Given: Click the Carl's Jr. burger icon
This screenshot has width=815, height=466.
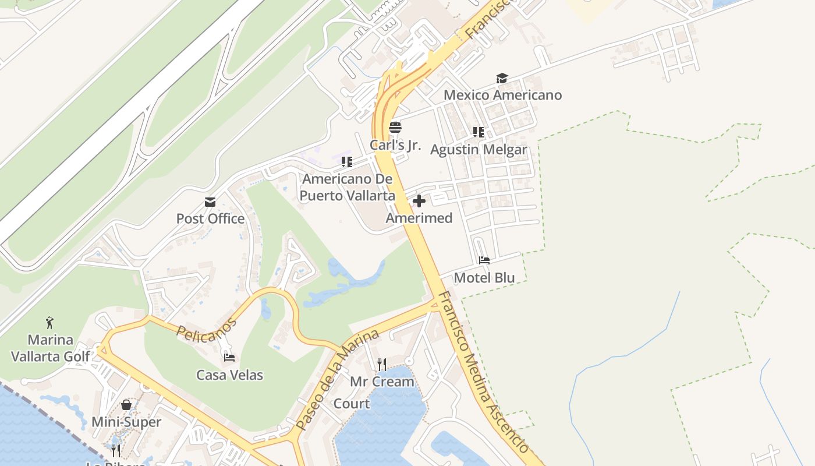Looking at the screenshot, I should (x=395, y=127).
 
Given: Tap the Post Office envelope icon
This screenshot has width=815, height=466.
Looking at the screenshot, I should (x=210, y=202).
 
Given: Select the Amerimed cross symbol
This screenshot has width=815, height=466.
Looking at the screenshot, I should (x=419, y=202).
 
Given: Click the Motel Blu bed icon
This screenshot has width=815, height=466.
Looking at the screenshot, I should (x=484, y=260).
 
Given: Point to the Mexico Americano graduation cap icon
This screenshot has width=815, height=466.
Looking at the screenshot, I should (x=502, y=78).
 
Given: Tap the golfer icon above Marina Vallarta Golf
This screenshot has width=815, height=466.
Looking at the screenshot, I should (x=49, y=322).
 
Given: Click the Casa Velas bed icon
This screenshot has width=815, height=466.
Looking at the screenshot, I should (x=229, y=358).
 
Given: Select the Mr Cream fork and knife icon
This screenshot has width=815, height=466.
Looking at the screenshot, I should (x=382, y=365).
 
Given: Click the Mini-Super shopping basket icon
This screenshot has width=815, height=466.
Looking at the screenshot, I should (x=126, y=405).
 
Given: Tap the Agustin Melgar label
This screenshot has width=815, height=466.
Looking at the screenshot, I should (x=479, y=150).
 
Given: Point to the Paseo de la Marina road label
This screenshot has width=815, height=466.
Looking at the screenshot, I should (x=337, y=379).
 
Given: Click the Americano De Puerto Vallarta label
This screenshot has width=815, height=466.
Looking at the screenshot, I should (x=347, y=187).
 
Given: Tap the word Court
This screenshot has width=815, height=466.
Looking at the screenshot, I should (x=351, y=404).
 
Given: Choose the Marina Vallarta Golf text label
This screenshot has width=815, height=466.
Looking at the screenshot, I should (x=51, y=348).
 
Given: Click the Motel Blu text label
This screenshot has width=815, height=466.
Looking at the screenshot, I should (x=484, y=278).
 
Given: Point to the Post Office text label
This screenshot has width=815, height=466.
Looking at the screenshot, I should (x=210, y=219).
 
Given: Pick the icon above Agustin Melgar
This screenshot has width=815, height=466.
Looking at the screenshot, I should (x=479, y=132).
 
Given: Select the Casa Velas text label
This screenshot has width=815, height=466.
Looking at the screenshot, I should (x=229, y=375).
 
